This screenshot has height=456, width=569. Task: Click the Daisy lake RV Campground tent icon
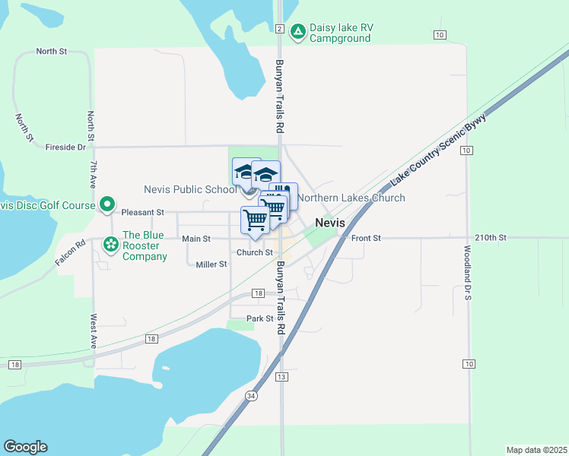298,29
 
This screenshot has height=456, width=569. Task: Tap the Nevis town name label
330,223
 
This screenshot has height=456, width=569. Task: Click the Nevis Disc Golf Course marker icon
107,204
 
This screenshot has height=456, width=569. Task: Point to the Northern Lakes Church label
351,198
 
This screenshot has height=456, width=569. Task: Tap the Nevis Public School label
190,189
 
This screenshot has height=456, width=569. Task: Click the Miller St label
211,264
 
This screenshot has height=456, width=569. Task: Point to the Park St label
259,318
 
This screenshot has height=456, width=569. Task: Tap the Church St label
254,252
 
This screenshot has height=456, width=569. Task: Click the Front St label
366,238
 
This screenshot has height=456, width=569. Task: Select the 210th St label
490,238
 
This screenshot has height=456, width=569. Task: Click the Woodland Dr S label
469,271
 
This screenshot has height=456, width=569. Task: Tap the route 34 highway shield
251,396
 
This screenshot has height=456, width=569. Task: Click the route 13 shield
281,377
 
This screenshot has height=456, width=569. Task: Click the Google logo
25,447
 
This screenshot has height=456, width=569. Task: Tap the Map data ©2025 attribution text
537,450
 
